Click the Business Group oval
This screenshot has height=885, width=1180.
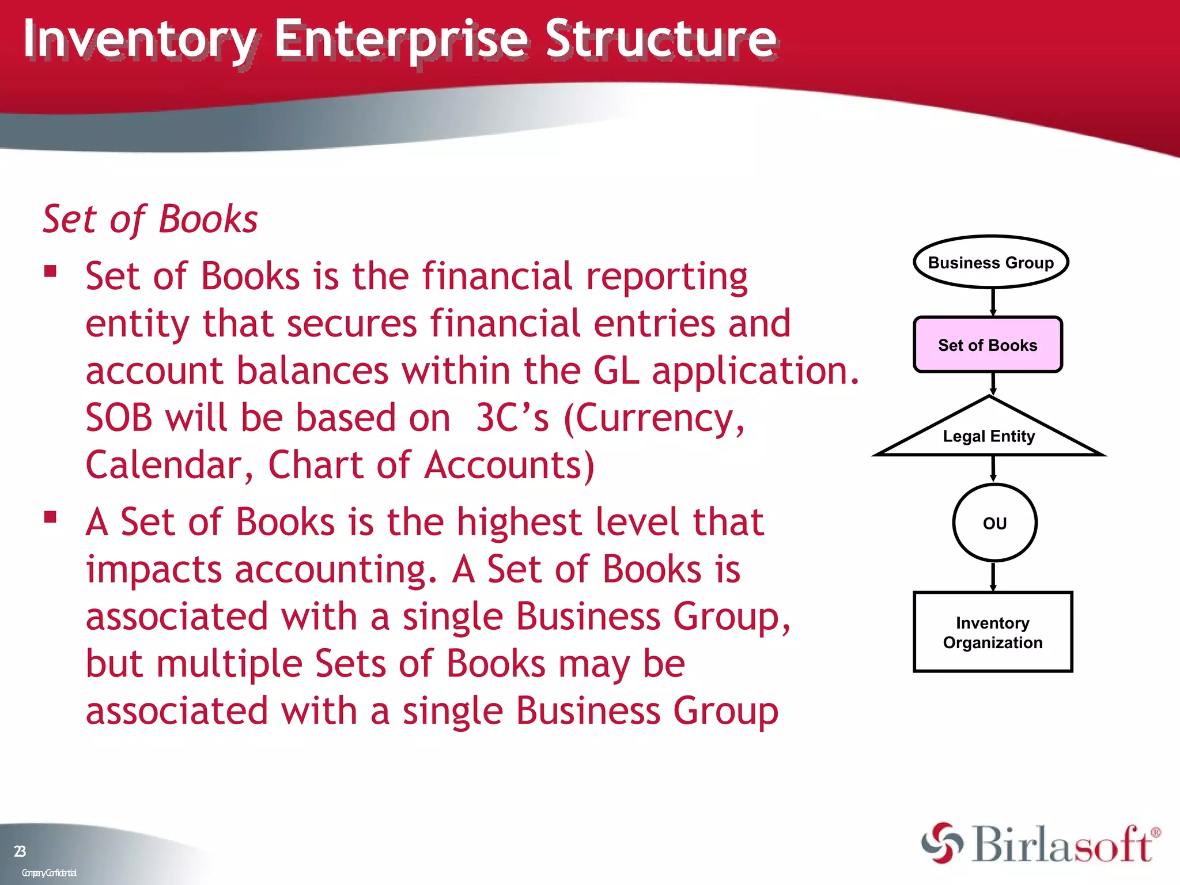coord(990,262)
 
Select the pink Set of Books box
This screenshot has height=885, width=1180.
coord(988,345)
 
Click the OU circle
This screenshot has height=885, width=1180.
coord(994,523)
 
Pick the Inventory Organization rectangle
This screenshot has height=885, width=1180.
coord(992,632)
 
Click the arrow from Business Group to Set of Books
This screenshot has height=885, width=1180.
coord(993,302)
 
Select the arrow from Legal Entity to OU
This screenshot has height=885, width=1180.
coord(993,468)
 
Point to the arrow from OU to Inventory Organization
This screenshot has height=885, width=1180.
coord(993,576)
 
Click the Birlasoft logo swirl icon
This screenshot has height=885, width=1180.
coord(942,844)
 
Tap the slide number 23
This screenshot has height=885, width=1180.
coord(20,851)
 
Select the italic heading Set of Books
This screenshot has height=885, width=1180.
coord(150,220)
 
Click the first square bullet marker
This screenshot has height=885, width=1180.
coord(51,271)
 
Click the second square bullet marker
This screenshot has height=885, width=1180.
coord(51,516)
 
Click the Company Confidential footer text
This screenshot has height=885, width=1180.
coord(49,873)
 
